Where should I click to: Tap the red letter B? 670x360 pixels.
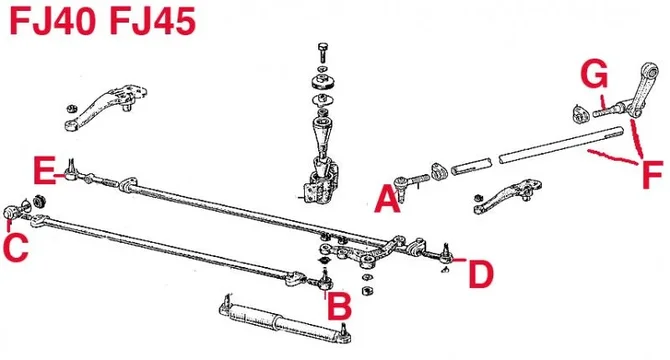pyautogui.click(x=339, y=307)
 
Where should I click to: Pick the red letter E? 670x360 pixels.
pyautogui.click(x=43, y=170)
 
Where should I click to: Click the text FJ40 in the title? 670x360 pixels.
pyautogui.click(x=55, y=22)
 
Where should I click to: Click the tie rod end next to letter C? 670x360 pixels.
pyautogui.click(x=17, y=210)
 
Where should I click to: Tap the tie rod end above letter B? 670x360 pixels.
pyautogui.click(x=322, y=280)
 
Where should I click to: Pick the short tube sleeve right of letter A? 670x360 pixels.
pyautogui.click(x=471, y=164)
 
